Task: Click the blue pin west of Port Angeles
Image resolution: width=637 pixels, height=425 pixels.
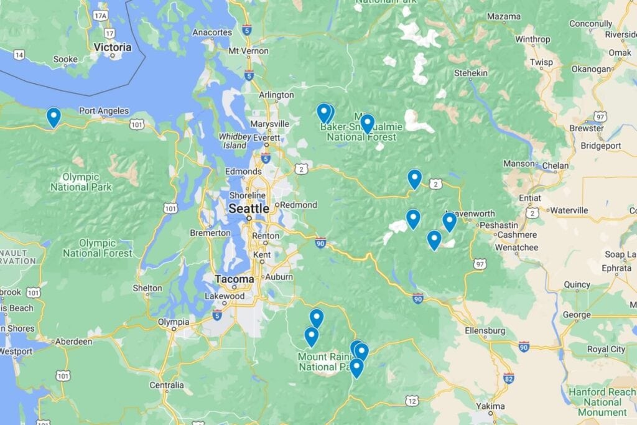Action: [x=53, y=116]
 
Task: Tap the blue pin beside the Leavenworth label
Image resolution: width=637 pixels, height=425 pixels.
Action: [x=449, y=221]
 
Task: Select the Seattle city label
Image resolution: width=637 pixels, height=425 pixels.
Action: [x=249, y=208]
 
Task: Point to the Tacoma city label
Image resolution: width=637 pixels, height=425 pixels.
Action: [x=235, y=279]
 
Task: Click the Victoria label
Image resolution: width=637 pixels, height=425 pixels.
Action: [x=113, y=47]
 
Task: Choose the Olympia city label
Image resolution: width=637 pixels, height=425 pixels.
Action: [x=174, y=322]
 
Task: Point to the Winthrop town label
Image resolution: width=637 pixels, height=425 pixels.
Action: [x=532, y=39]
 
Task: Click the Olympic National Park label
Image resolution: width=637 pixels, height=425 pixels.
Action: [x=81, y=181]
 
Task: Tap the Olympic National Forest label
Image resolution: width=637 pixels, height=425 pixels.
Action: [x=98, y=248]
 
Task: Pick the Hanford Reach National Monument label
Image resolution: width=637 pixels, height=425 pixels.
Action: [x=602, y=402]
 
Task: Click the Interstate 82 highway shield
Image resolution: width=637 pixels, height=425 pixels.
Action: [x=508, y=378]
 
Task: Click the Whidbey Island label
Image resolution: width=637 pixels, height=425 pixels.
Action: [x=235, y=141]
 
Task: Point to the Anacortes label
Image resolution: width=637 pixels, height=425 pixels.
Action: [x=212, y=32]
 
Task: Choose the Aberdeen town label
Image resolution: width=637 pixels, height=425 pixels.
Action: [x=73, y=341]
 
